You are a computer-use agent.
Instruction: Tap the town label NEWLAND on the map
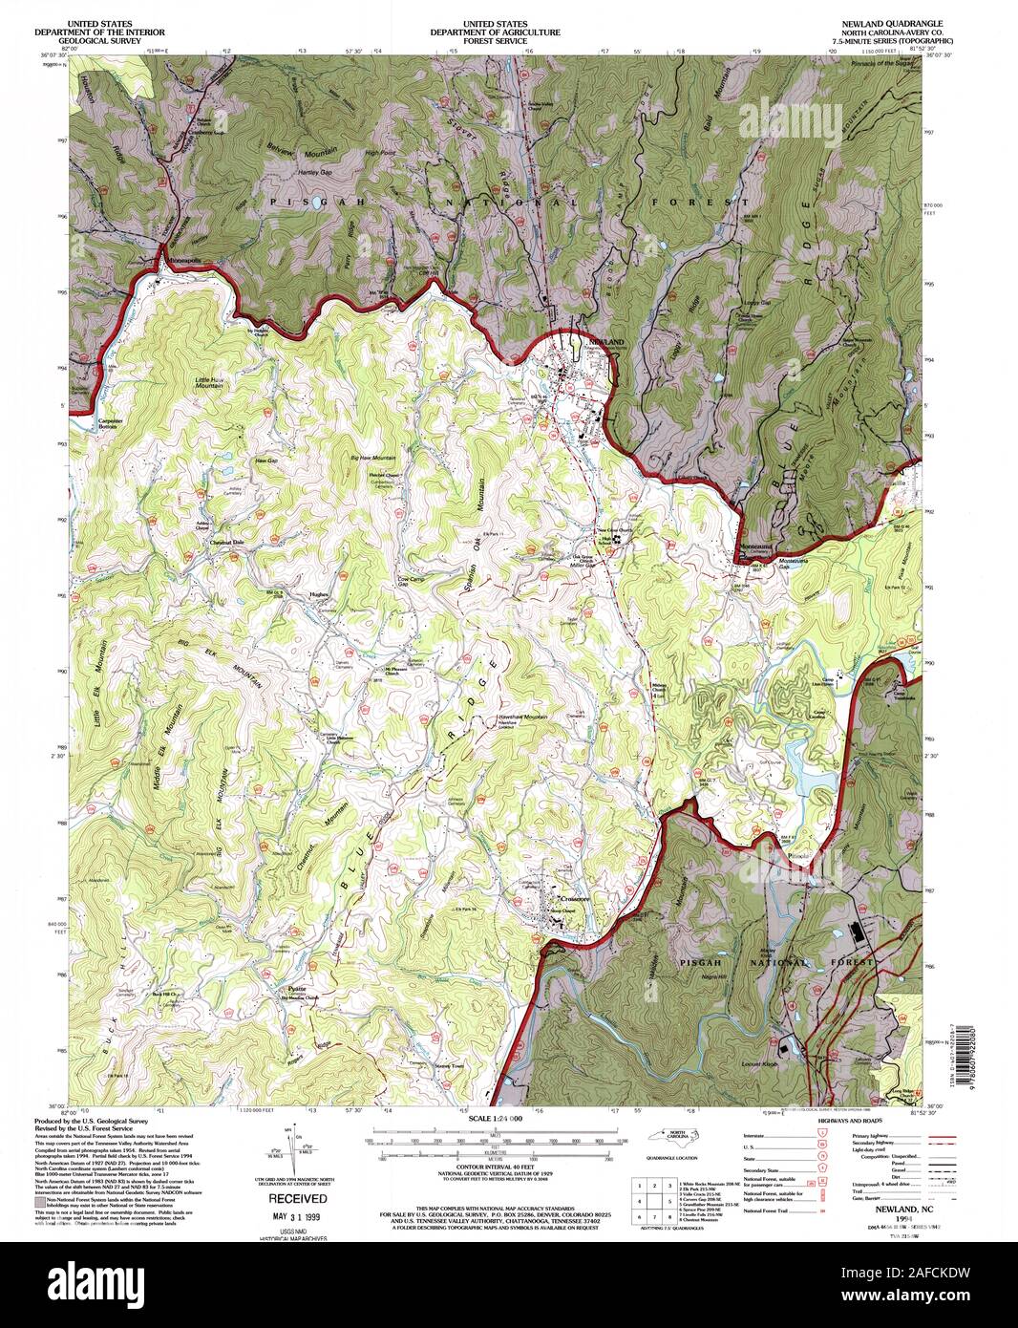604,341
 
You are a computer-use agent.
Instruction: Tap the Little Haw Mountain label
209,383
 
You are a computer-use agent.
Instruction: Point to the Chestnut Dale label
228,542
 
